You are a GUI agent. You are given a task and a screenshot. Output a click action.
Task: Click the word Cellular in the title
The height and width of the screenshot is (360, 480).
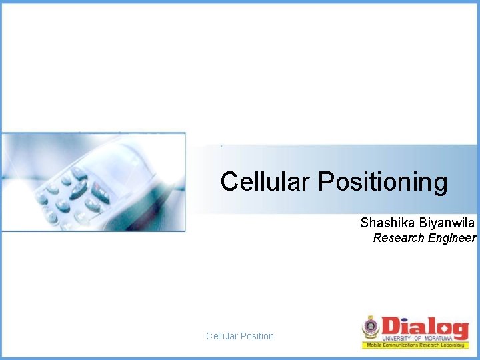click(x=265, y=181)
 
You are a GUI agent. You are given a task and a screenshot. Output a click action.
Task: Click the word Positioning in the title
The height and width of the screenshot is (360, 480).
click(x=383, y=182)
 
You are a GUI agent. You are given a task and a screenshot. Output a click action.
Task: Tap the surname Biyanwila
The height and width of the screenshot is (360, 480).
click(x=447, y=223)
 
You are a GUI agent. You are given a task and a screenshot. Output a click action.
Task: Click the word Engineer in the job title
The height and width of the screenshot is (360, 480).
click(x=452, y=238)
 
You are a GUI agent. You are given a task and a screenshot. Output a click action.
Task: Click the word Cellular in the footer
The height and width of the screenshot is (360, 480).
click(x=221, y=336)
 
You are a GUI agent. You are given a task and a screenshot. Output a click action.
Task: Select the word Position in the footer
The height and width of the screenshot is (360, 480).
click(x=257, y=336)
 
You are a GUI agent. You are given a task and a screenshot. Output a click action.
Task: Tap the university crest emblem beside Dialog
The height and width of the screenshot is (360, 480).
click(x=371, y=327)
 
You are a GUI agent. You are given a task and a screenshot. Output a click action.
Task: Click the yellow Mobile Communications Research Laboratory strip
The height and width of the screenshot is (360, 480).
click(x=415, y=345)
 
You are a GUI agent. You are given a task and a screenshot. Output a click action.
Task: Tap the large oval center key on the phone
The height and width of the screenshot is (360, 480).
click(x=79, y=189)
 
